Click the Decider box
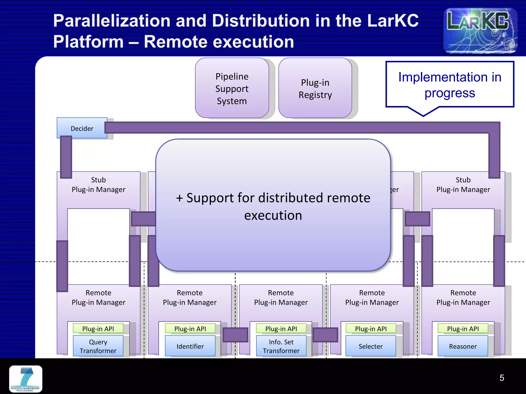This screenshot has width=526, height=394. coord(82,128)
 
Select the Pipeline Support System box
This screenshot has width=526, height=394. coord(232,88)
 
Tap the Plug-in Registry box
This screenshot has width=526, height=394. coord(315,88)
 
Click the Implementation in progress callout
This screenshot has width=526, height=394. coord(449,85)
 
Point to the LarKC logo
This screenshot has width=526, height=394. coord(480,30)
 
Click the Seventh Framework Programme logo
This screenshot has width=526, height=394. coord(26,379)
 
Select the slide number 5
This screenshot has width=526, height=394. coord(502,378)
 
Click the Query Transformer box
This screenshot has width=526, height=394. coord(98,346)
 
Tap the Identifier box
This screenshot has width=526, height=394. coord(190,346)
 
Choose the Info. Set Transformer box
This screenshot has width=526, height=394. coord(281,346)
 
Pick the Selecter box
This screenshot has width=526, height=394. coord(371,346)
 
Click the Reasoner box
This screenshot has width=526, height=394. coord(463,346)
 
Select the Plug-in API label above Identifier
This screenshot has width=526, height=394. coord(190,329)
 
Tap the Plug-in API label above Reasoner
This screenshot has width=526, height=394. coord(463,329)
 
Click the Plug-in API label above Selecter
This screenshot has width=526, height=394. coord(371,329)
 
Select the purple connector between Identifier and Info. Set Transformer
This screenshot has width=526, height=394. coord(235,335)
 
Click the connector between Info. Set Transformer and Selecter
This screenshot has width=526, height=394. coord(325,335)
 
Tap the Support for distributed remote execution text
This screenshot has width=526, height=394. coord(273,206)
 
